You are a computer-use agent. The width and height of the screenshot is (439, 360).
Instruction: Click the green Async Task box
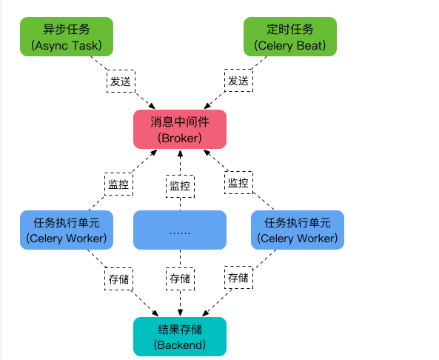[67, 37]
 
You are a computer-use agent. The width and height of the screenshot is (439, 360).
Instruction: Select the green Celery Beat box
[290, 37]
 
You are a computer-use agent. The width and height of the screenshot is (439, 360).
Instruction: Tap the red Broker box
[179, 128]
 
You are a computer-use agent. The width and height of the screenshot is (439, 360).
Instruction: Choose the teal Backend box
[179, 336]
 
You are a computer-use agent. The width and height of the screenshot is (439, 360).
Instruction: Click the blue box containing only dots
[179, 230]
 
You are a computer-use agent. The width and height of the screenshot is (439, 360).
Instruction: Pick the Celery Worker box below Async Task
[67, 230]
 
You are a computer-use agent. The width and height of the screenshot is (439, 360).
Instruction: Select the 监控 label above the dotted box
[180, 186]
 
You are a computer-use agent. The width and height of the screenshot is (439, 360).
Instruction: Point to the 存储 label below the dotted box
[180, 279]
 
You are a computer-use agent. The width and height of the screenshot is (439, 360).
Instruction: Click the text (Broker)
[179, 137]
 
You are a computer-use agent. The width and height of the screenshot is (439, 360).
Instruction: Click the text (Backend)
[179, 345]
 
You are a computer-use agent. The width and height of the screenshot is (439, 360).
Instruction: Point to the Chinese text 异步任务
[67, 30]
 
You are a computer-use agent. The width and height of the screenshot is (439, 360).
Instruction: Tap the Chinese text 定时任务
[290, 30]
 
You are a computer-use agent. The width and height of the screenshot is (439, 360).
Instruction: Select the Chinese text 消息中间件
[179, 120]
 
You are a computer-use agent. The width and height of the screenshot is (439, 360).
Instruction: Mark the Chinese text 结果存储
[179, 328]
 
